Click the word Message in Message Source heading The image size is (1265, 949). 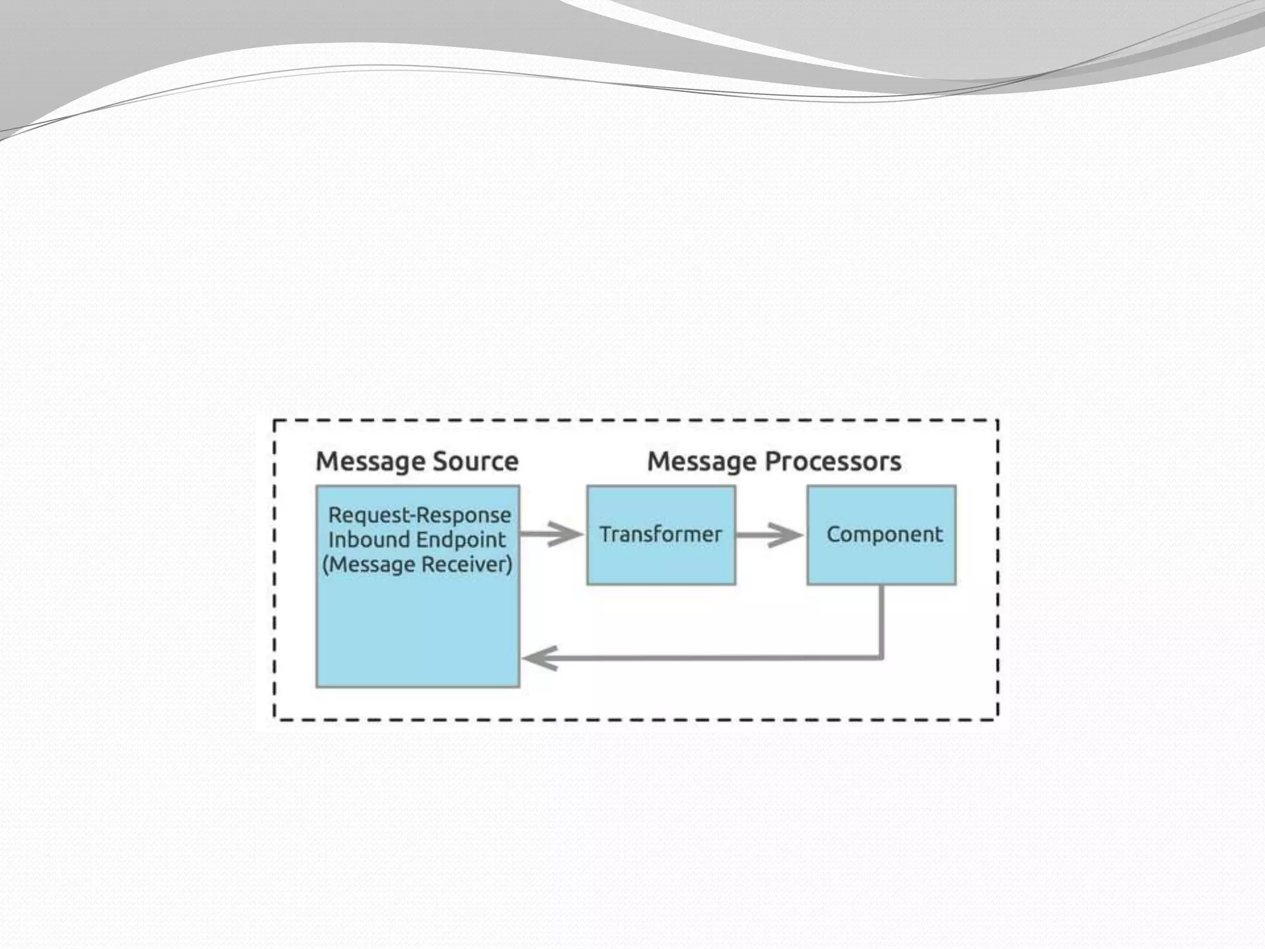371,462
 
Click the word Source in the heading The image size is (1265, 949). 476,462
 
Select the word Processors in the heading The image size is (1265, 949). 833,462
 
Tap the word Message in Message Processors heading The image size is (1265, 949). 702,462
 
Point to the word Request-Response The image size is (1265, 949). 419,515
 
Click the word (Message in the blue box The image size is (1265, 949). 368,565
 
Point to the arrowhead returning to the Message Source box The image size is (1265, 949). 539,658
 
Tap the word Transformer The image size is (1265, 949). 660,534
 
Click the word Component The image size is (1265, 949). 885,534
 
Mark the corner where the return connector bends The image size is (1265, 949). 881,657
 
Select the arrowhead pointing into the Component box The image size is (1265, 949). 789,534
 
